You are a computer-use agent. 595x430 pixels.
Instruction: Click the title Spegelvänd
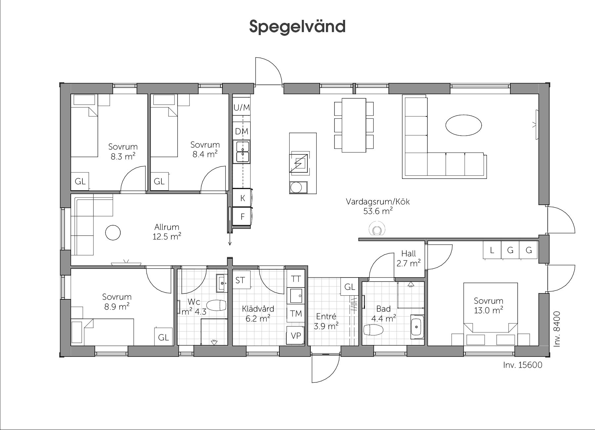(297, 26)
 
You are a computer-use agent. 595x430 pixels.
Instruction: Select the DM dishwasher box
(242, 131)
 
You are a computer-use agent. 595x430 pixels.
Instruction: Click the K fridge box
(242, 198)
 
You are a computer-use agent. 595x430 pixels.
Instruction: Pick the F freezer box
(242, 217)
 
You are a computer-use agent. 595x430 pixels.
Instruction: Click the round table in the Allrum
(113, 233)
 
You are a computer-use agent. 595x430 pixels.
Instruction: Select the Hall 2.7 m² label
(409, 258)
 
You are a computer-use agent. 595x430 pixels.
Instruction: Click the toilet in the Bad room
(373, 330)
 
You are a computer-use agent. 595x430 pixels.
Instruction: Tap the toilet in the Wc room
(217, 306)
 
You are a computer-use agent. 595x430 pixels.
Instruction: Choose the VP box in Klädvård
(296, 335)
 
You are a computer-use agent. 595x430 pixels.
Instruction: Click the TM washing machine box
(296, 313)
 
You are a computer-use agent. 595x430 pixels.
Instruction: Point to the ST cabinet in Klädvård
(241, 280)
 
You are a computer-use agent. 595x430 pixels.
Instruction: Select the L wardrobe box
(492, 250)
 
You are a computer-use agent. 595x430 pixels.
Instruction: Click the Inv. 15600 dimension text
(523, 365)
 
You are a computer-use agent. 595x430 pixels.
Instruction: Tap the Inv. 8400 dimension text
(557, 329)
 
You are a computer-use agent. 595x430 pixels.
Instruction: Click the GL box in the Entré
(350, 286)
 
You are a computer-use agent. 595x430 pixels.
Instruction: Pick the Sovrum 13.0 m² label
(488, 305)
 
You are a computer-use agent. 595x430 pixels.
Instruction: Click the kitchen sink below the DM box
(242, 152)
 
